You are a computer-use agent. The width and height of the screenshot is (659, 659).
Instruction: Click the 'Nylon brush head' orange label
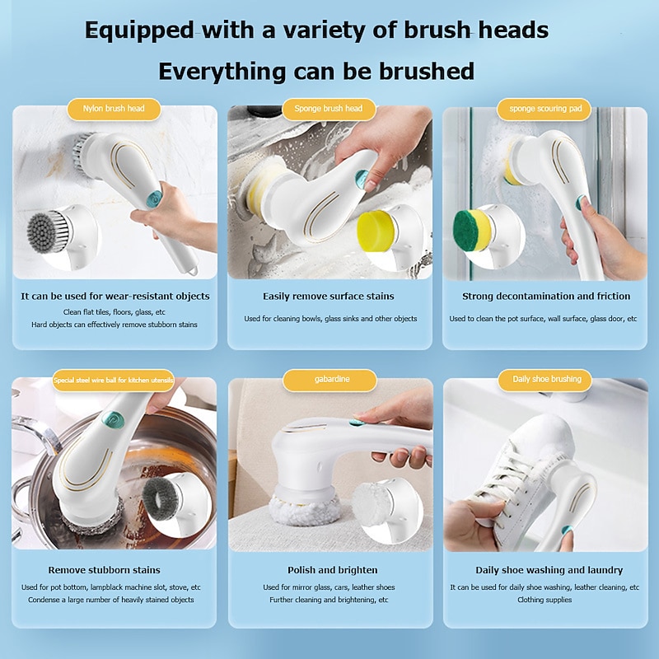[x=115, y=109]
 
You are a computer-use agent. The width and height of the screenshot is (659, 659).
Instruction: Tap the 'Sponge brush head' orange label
[x=329, y=109]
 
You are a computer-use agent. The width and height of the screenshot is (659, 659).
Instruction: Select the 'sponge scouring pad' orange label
[x=544, y=109]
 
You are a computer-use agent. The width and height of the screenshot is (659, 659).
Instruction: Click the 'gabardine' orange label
[x=329, y=380]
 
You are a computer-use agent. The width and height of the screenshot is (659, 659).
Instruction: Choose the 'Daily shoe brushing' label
[x=546, y=380]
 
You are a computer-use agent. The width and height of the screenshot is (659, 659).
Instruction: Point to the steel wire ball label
[x=113, y=380]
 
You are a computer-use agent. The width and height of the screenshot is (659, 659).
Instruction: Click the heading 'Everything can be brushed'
[x=316, y=71]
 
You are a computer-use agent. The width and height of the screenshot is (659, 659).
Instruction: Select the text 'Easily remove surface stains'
[x=329, y=296]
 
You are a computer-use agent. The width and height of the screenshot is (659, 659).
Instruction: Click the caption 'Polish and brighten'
[x=332, y=570]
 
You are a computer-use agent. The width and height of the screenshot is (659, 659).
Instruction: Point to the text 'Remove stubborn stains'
[x=104, y=570]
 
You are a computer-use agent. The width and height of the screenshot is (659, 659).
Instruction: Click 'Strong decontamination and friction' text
[x=546, y=296]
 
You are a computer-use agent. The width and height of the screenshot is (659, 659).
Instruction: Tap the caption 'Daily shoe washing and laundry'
[x=549, y=570]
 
